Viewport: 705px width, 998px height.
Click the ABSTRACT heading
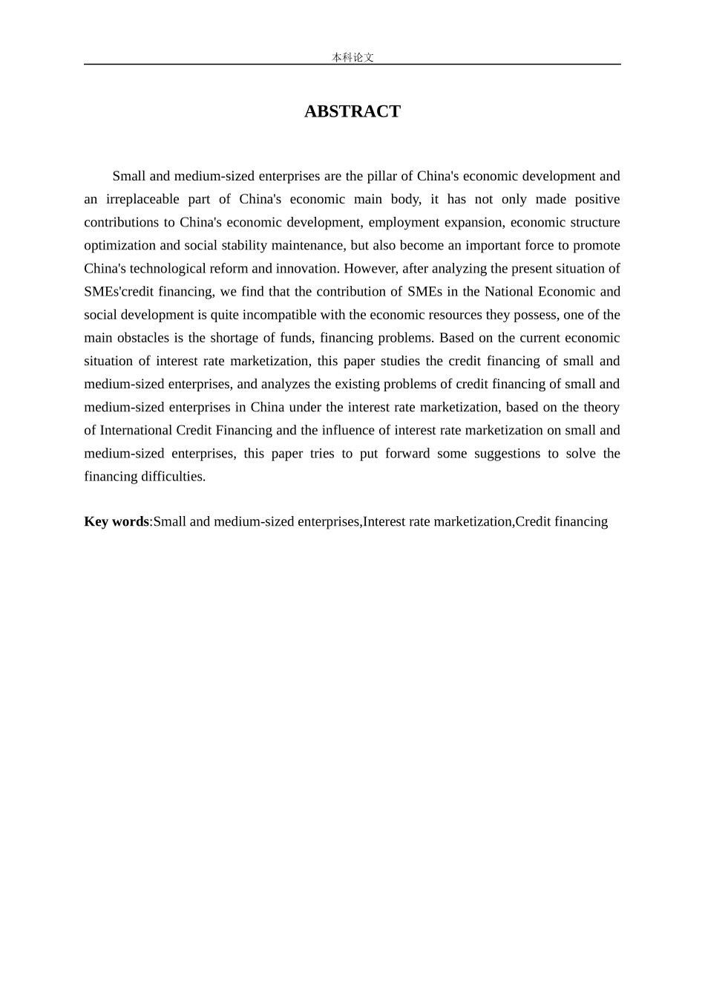352,111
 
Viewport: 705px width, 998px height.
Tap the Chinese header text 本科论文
352,57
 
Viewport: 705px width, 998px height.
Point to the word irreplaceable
142,199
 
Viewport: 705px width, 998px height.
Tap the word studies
416,360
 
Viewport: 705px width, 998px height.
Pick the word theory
602,406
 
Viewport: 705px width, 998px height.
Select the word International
136,430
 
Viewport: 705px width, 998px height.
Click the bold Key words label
117,521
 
